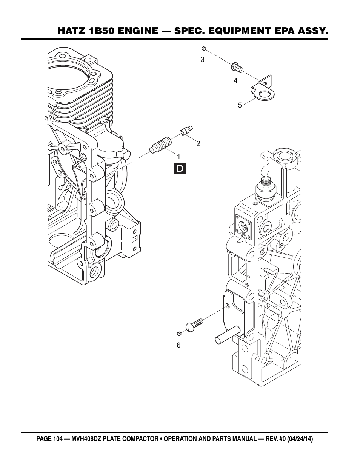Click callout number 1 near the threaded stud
click(x=178, y=157)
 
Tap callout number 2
click(x=198, y=144)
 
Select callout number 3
click(x=202, y=60)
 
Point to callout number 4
click(x=235, y=81)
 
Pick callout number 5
click(x=240, y=105)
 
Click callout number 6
click(x=178, y=345)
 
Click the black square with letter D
click(x=180, y=169)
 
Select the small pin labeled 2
click(x=186, y=131)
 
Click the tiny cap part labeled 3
click(x=204, y=49)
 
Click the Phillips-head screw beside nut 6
click(x=194, y=325)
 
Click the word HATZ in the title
click(x=71, y=31)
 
